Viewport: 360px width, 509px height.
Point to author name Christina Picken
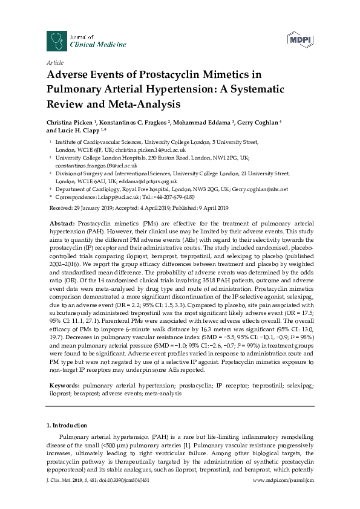[72, 122]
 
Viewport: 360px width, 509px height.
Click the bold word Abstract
[62, 224]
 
